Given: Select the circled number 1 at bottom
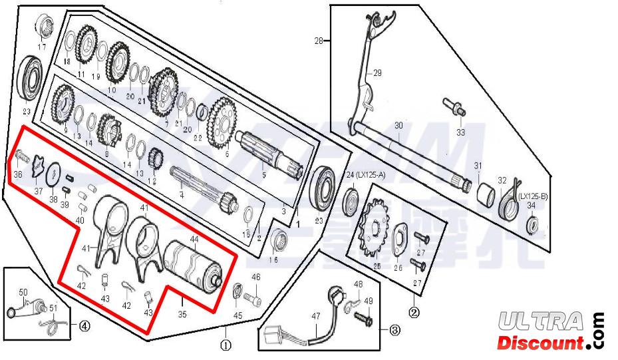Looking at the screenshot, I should tap(226, 345).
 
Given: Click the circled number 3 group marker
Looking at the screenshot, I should tap(394, 329).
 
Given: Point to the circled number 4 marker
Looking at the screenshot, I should tap(84, 325).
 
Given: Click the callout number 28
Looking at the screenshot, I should tap(319, 41).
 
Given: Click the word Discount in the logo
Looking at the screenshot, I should tap(539, 343).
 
